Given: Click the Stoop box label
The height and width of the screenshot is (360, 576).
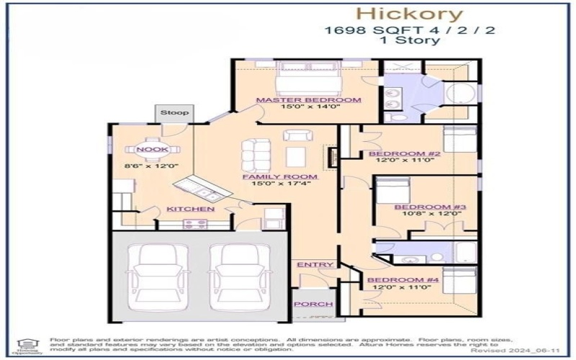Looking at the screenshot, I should pyautogui.click(x=174, y=113).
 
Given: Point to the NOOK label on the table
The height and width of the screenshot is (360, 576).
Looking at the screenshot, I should pyautogui.click(x=153, y=149).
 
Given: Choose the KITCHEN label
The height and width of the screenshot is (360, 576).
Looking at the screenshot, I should pyautogui.click(x=190, y=209).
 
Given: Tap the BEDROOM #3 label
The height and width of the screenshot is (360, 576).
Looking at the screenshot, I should pyautogui.click(x=431, y=207).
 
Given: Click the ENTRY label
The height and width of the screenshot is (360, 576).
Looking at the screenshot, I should pyautogui.click(x=315, y=265).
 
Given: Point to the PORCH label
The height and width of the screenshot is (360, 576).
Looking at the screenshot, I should pyautogui.click(x=314, y=305).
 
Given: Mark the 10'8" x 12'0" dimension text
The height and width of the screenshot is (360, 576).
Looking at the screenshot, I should pyautogui.click(x=431, y=215).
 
